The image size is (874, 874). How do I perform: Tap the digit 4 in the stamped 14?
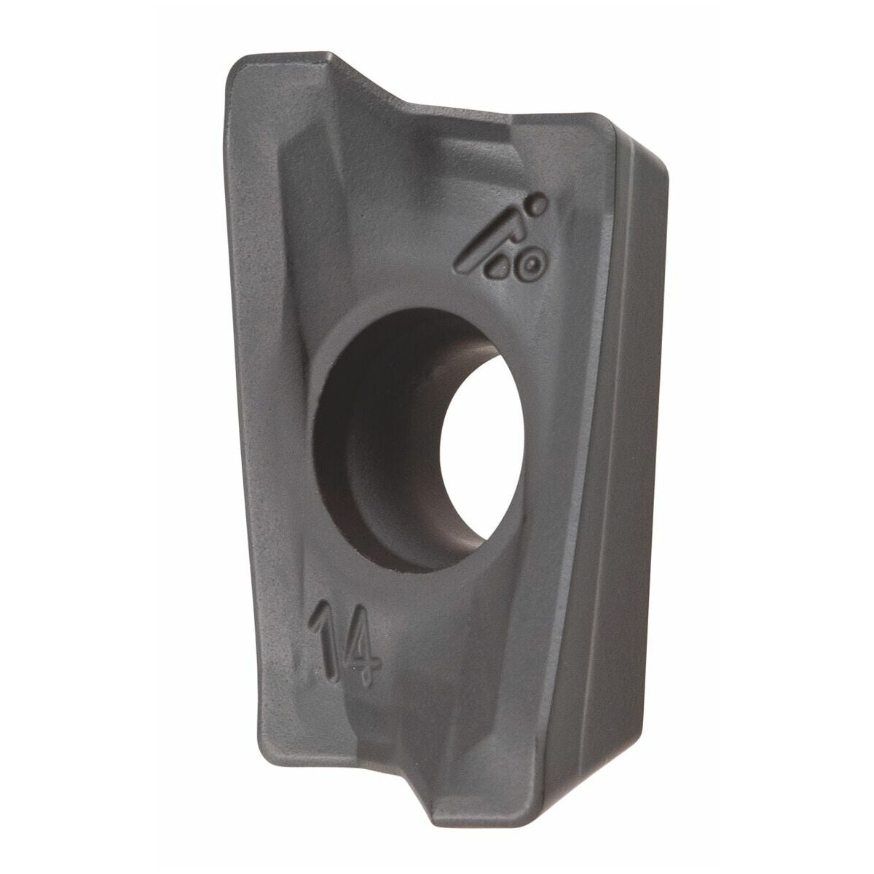(x=363, y=653)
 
